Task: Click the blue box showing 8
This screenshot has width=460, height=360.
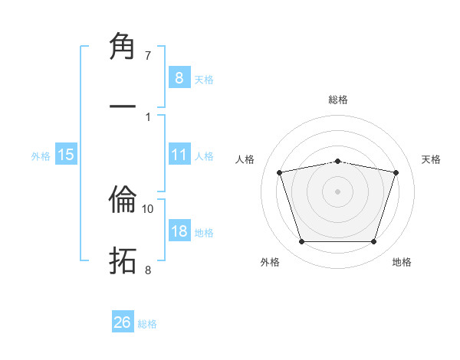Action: [x=179, y=77]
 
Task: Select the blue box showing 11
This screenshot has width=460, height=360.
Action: [x=179, y=155]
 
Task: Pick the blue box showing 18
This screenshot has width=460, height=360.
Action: [x=179, y=231]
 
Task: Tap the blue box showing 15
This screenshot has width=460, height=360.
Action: [x=66, y=155]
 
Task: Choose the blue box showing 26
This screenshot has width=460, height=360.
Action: [x=123, y=322]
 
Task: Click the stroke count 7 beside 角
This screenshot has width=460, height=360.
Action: [x=147, y=55]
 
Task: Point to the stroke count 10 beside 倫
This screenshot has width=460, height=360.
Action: [x=148, y=208]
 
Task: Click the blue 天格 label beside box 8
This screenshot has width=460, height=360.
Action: [x=203, y=79]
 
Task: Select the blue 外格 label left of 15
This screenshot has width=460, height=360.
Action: [x=41, y=155]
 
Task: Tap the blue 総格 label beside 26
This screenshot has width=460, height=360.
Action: [x=147, y=324]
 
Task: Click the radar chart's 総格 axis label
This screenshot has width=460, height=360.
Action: [x=337, y=100]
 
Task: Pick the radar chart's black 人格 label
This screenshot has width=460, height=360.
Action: [x=246, y=159]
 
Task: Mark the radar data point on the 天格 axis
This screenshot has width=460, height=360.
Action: [x=396, y=172]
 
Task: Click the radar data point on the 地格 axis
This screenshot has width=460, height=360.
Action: [x=373, y=242]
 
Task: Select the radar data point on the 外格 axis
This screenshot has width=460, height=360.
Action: [x=301, y=242]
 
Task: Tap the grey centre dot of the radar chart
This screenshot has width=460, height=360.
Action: [x=337, y=191]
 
